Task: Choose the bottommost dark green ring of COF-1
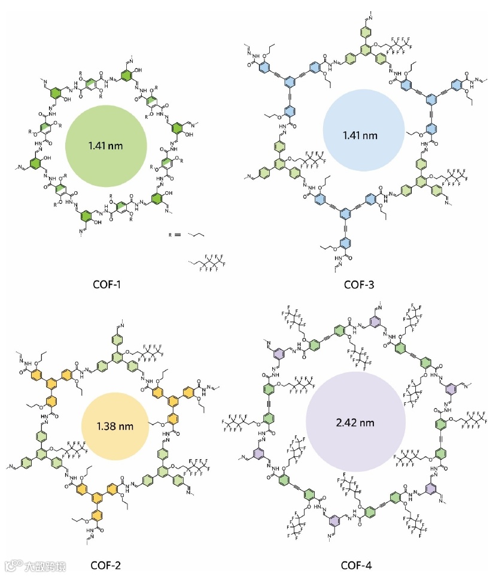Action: point(87,215)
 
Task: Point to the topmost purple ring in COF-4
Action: point(375,323)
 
